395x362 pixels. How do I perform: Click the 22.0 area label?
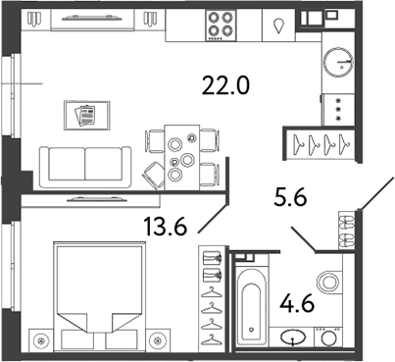(x=227, y=86)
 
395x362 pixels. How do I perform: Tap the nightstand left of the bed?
(x=40, y=342)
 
